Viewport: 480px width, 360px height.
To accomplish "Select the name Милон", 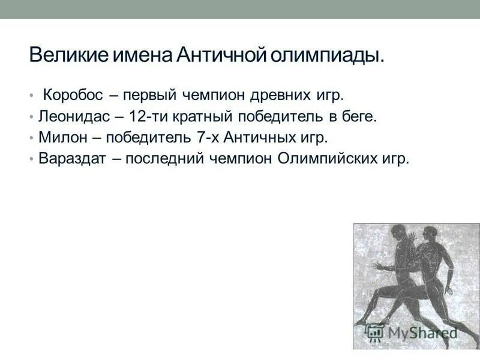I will click(x=57, y=137).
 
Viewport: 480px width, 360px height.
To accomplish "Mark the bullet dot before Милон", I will click(x=31, y=138).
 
